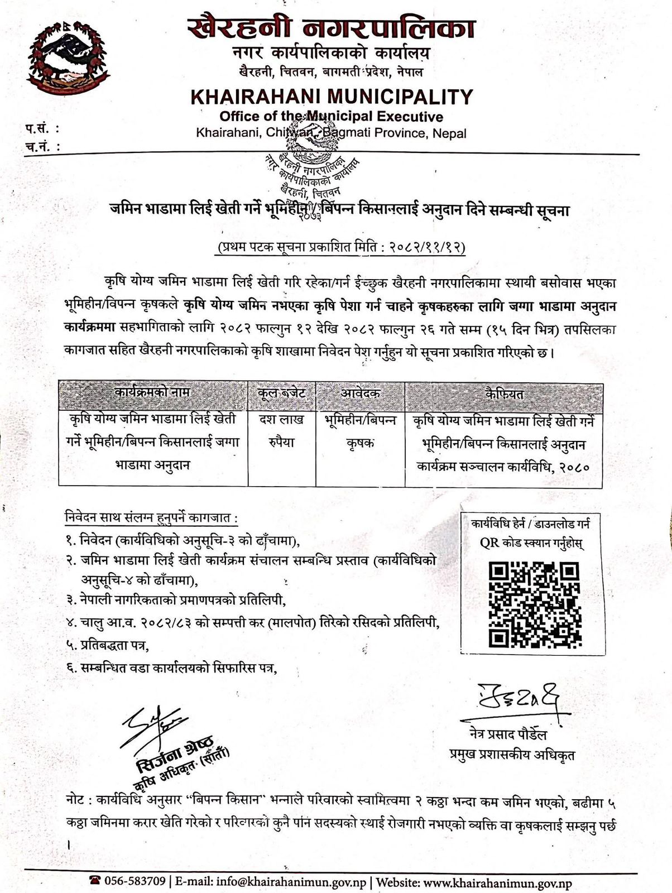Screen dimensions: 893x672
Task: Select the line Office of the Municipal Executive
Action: (x=331, y=117)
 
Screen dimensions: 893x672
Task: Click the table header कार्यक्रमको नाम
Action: (x=153, y=392)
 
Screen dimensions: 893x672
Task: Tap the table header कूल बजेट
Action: (x=282, y=392)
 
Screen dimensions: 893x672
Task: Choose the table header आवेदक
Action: (x=360, y=392)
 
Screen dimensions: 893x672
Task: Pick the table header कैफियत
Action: (x=504, y=393)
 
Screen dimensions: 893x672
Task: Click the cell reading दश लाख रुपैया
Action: (x=282, y=431)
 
